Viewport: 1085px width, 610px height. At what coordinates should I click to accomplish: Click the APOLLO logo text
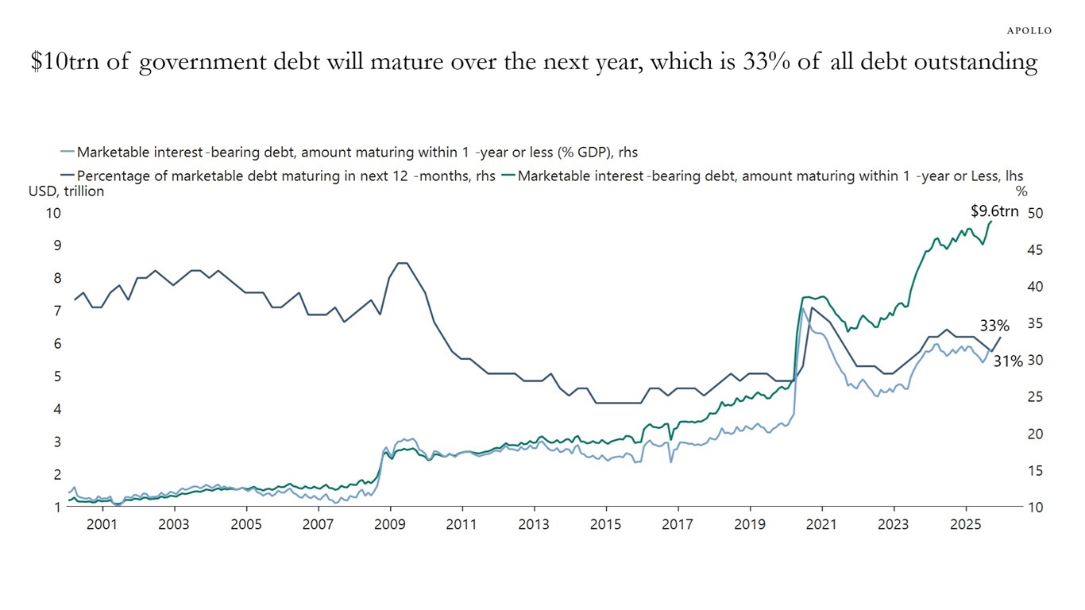tap(1029, 30)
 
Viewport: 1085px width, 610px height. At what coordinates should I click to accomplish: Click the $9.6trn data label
tap(994, 211)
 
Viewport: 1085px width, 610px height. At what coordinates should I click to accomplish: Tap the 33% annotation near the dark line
tap(994, 326)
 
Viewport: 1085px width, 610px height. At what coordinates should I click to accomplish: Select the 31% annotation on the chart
tap(1008, 361)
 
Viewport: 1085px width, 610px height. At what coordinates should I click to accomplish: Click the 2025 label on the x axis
tap(965, 525)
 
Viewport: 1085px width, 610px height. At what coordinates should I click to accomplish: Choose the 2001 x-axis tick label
tap(102, 525)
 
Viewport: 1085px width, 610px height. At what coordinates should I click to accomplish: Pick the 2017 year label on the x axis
tap(678, 525)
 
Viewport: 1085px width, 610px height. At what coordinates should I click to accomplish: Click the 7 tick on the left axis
tap(56, 311)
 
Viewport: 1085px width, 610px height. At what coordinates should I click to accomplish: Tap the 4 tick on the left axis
tap(56, 410)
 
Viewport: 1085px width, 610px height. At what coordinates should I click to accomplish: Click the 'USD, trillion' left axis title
tap(66, 191)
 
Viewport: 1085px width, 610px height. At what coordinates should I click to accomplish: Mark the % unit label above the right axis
tap(1021, 191)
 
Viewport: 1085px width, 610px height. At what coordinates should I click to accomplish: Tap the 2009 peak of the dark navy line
tap(402, 263)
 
